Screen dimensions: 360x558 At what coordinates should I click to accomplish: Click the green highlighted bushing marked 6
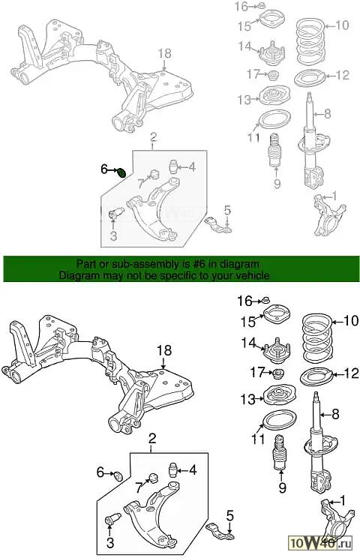(121, 172)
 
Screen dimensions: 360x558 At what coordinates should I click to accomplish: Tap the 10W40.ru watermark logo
(321, 543)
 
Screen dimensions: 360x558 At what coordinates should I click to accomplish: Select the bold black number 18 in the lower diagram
(165, 350)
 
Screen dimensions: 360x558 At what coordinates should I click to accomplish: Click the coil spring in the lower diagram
(317, 338)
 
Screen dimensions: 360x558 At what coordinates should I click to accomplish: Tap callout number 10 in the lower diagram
(352, 321)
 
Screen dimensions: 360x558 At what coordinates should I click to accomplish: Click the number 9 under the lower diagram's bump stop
(282, 487)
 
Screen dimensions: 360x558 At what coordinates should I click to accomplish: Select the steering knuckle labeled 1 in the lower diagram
(335, 520)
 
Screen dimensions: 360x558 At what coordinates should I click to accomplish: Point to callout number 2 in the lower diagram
(152, 439)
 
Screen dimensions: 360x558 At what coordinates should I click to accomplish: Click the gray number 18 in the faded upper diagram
(165, 53)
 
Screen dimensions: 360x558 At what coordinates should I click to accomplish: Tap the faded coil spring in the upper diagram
(310, 42)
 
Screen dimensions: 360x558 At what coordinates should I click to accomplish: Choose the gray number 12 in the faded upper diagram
(343, 76)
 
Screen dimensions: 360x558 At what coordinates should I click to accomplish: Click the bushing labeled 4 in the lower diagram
(172, 470)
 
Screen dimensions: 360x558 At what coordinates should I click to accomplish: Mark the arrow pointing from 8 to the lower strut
(325, 414)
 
